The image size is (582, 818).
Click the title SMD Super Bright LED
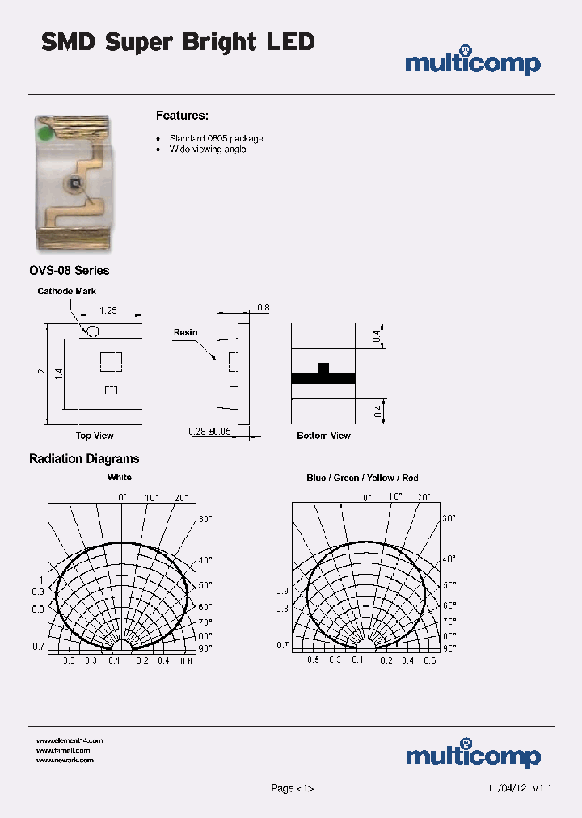click(x=178, y=42)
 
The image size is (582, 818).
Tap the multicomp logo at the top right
click(x=473, y=62)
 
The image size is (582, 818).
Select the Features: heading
click(x=182, y=116)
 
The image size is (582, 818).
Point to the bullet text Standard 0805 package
click(x=216, y=138)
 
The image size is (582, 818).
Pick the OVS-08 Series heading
click(x=69, y=271)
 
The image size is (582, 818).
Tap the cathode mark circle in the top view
click(x=93, y=331)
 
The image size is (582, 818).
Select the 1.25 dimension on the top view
click(x=108, y=310)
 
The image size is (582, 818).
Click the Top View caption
click(x=95, y=436)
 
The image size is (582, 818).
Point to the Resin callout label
click(x=185, y=332)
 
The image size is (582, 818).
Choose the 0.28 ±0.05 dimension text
click(x=210, y=432)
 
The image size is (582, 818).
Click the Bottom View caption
click(x=323, y=436)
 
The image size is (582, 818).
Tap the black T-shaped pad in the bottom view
click(x=323, y=376)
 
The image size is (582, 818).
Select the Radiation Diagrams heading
click(x=84, y=459)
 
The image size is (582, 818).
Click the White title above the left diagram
click(x=120, y=478)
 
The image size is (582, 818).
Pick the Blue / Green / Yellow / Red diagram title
click(x=362, y=478)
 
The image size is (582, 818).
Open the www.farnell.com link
click(x=63, y=750)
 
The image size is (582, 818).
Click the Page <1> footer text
click(x=292, y=788)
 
